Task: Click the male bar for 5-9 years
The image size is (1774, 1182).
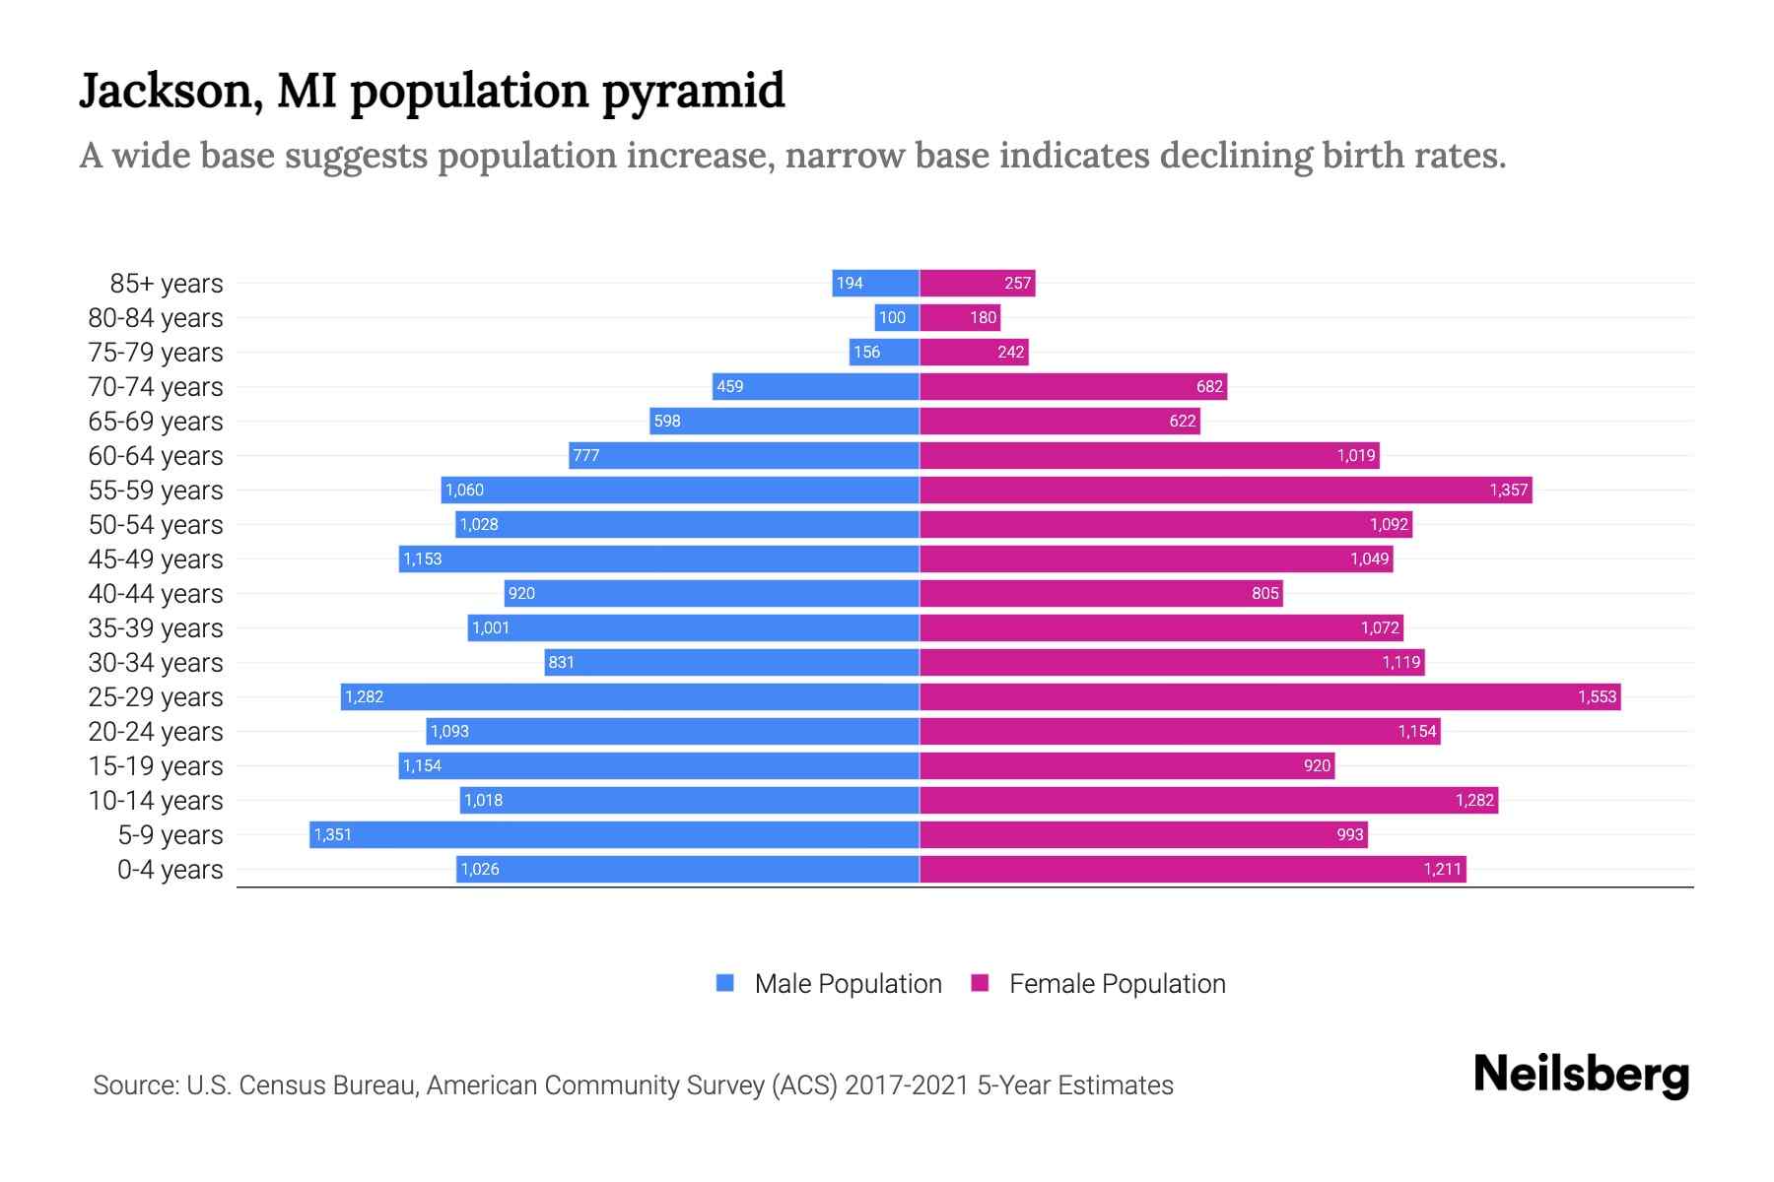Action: point(614,834)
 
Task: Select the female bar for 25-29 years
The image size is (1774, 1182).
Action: point(1269,696)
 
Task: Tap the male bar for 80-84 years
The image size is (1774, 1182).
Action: point(897,317)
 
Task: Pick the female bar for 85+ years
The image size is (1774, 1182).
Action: point(977,283)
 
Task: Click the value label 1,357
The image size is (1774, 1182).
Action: point(1508,490)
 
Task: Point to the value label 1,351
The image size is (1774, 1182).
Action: point(333,834)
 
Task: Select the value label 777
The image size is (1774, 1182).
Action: point(586,455)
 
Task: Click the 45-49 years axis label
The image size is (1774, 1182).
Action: point(156,558)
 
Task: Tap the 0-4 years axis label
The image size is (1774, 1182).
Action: point(170,869)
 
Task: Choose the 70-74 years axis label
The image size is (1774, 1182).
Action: point(156,386)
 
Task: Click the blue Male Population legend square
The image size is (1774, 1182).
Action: point(725,983)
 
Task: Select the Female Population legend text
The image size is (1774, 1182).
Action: point(1117,983)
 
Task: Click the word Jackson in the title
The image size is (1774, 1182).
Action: point(171,92)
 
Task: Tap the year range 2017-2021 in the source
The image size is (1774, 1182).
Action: point(907,1084)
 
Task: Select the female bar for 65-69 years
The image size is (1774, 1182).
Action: point(1059,421)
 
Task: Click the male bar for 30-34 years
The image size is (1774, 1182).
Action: point(731,662)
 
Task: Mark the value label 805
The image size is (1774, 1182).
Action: point(1264,593)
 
